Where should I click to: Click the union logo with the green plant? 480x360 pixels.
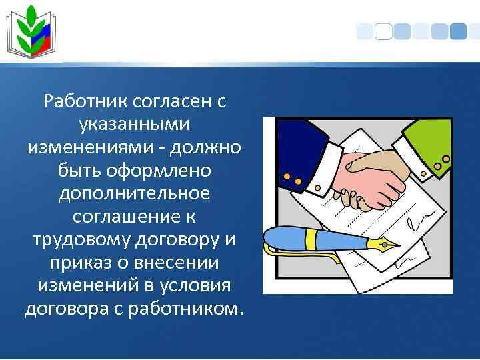(31, 31)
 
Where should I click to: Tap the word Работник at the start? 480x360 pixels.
(85, 101)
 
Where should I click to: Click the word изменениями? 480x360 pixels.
(95, 148)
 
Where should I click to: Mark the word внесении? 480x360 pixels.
(177, 263)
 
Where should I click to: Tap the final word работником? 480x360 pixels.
(186, 309)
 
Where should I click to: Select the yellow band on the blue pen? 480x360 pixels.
(312, 239)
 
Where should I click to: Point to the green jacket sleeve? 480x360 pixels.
(429, 143)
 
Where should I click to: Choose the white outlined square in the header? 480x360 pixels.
(383, 31)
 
